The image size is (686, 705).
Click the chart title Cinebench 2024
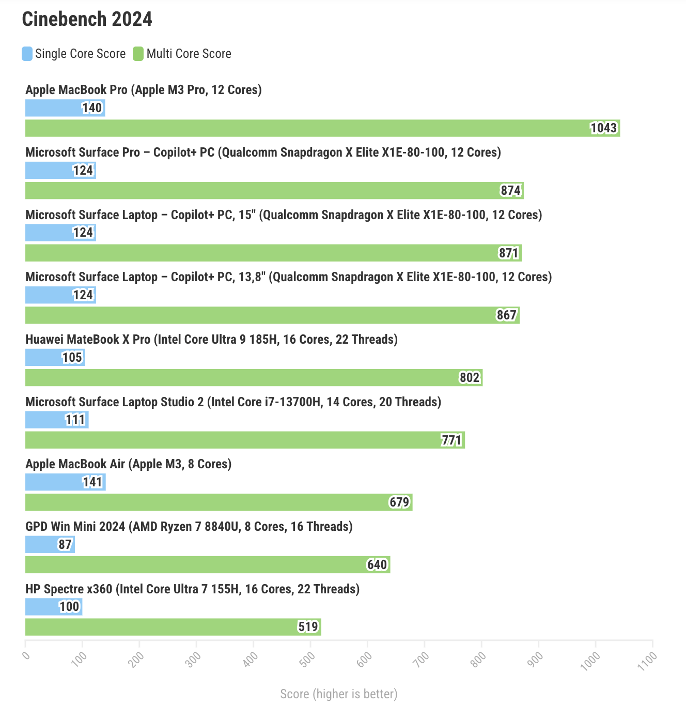coord(87,19)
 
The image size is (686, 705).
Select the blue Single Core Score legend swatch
coord(27,54)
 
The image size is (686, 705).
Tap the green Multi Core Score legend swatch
coord(138,54)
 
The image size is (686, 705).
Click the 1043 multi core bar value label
coord(603,128)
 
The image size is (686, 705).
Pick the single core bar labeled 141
coord(65,482)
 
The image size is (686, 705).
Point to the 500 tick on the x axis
coord(308,658)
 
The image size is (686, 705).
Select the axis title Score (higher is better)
coord(339,694)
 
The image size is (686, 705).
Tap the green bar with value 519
coord(173,627)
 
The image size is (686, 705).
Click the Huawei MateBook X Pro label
coord(211,340)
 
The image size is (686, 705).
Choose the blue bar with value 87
coord(50,544)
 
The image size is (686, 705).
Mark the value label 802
coord(470,378)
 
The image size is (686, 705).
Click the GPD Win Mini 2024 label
coord(189,527)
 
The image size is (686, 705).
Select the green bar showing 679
coord(219,502)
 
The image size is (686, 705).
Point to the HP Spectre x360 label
coord(192,589)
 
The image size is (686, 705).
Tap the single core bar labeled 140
coord(65,108)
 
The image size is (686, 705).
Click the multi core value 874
coord(510,191)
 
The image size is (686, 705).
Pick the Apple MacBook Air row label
coord(128,464)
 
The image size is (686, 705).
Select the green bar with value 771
coord(245,440)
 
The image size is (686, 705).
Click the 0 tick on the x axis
coord(26,655)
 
